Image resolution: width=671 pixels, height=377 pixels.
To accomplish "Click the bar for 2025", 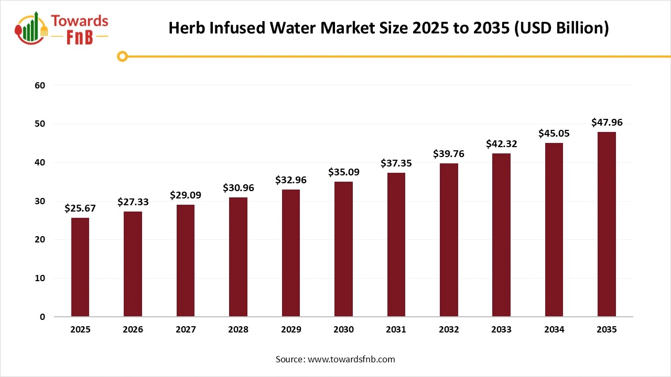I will (x=80, y=267).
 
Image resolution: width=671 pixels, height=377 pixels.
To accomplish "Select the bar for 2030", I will (x=343, y=249).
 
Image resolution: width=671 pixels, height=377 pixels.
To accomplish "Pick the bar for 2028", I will (x=238, y=257).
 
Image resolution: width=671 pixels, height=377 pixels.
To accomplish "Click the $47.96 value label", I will (x=607, y=123).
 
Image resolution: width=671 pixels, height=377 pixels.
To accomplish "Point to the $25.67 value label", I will (x=80, y=208).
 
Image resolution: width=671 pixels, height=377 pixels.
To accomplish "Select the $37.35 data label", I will (x=396, y=163).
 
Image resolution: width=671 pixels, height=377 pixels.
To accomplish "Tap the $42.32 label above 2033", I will (x=501, y=144).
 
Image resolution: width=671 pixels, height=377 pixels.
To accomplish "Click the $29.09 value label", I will (x=186, y=195).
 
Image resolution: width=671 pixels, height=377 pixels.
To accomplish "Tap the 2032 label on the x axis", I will (x=449, y=330).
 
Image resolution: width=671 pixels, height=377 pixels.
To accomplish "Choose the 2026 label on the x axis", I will (x=133, y=330).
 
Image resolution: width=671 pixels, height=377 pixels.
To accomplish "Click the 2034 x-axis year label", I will (x=554, y=330).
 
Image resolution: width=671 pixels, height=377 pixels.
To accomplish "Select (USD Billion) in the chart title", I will (x=561, y=28).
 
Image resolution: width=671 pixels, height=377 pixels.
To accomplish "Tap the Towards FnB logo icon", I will (x=31, y=29).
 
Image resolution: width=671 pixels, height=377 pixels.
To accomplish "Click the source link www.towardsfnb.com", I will (x=351, y=359).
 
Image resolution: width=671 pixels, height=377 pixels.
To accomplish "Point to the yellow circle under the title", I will (x=123, y=56).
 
